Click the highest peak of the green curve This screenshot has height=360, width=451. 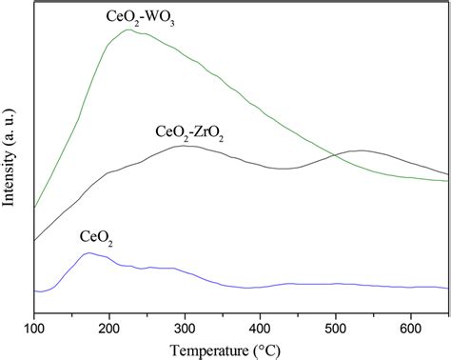(128, 30)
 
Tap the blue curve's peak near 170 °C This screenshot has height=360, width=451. (88, 252)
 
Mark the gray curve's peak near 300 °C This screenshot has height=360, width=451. (186, 146)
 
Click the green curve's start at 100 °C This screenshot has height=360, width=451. (34, 207)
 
